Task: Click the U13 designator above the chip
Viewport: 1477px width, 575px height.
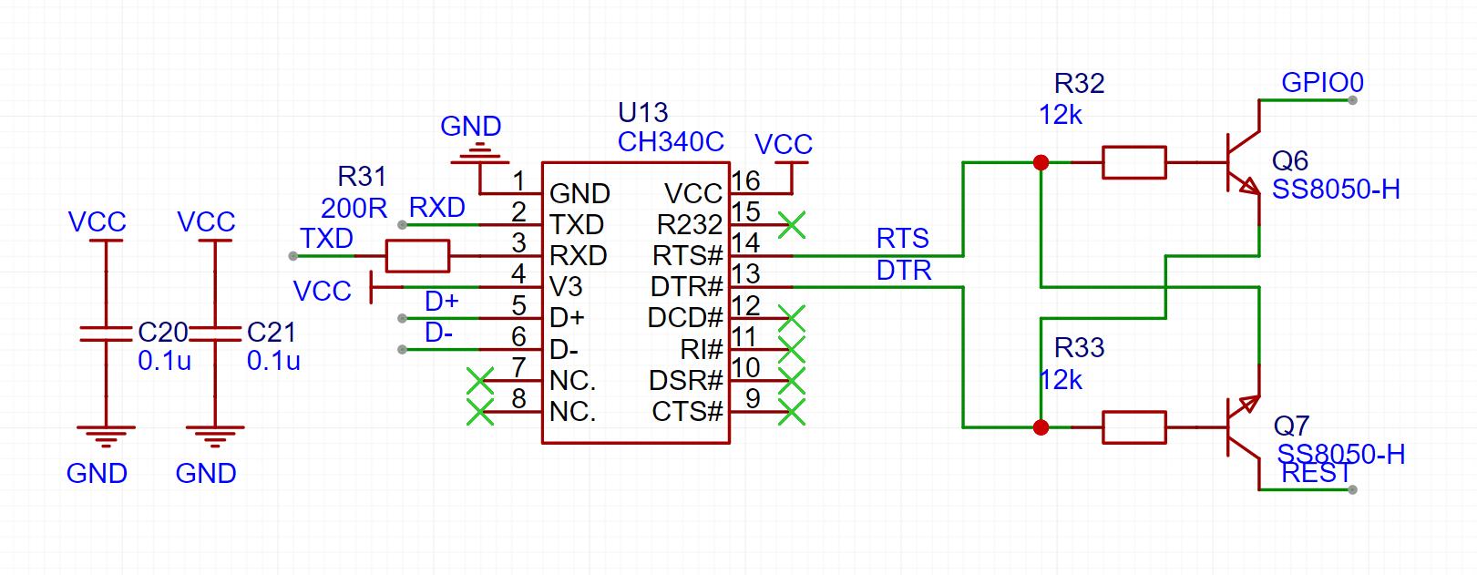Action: click(643, 113)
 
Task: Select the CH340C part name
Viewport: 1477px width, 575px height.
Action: click(671, 142)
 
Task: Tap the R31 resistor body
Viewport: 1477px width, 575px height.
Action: click(417, 256)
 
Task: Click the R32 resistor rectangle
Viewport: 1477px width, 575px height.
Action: click(1134, 162)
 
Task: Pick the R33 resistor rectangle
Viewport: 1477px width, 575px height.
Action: click(1134, 427)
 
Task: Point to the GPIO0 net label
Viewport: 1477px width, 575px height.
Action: click(1322, 83)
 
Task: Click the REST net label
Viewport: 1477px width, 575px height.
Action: click(1316, 474)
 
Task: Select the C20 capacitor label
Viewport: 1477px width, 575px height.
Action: click(163, 333)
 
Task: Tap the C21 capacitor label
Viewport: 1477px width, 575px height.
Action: click(271, 333)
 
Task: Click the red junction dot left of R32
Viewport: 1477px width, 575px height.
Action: click(1041, 162)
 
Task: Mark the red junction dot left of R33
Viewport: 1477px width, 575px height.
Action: click(1041, 427)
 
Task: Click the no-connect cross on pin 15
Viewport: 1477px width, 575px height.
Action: click(792, 225)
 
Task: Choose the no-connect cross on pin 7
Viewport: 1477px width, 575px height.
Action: click(480, 381)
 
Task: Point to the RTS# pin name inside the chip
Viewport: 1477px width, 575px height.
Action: click(688, 255)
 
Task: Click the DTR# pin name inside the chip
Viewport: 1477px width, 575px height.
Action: click(687, 287)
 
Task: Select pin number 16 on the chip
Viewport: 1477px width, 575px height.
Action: click(745, 180)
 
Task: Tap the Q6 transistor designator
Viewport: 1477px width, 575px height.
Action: click(1289, 160)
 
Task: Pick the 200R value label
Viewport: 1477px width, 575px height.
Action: click(354, 209)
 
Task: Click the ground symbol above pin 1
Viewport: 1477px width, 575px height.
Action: click(480, 153)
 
